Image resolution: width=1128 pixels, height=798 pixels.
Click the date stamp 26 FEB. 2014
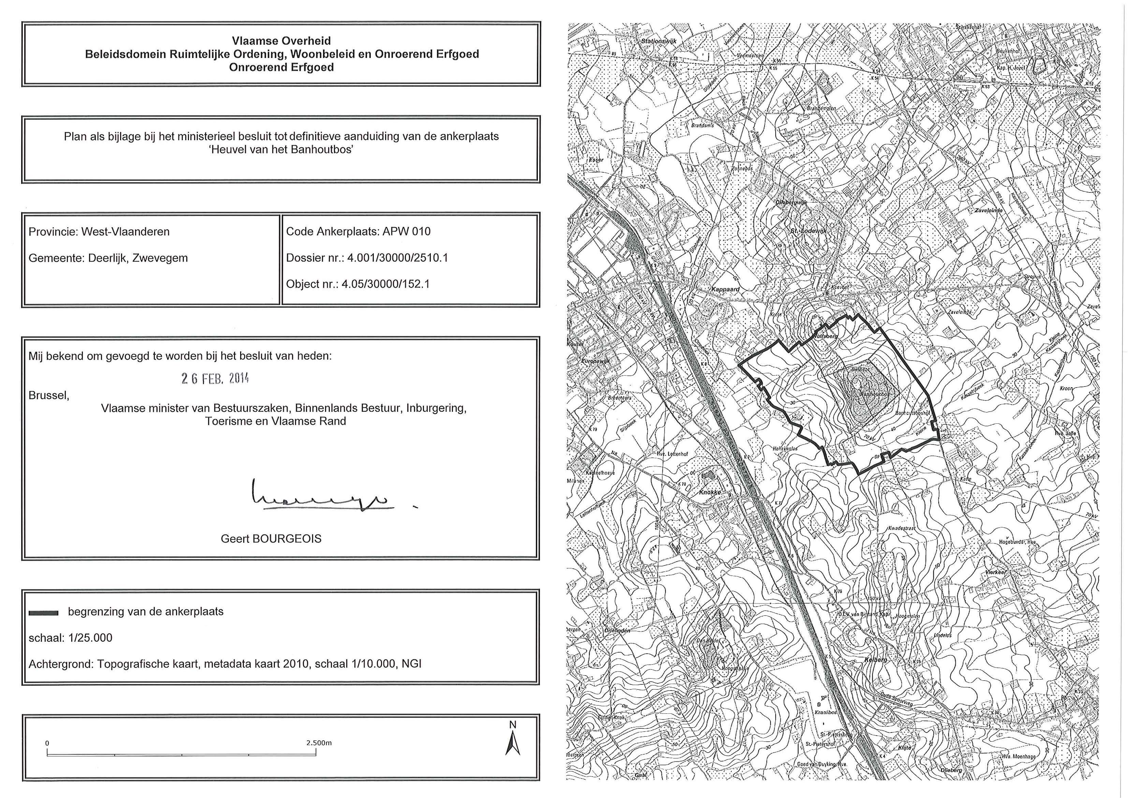(215, 378)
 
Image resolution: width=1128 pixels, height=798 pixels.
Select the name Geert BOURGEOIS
(271, 539)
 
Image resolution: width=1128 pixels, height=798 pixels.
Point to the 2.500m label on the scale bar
(318, 742)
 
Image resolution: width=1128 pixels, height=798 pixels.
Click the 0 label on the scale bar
(47, 743)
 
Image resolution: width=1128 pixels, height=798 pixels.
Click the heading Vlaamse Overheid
(281, 41)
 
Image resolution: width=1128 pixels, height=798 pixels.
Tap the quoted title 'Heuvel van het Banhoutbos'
(281, 149)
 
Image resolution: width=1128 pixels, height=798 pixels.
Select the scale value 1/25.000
(90, 638)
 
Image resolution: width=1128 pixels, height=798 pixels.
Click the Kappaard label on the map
(725, 289)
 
